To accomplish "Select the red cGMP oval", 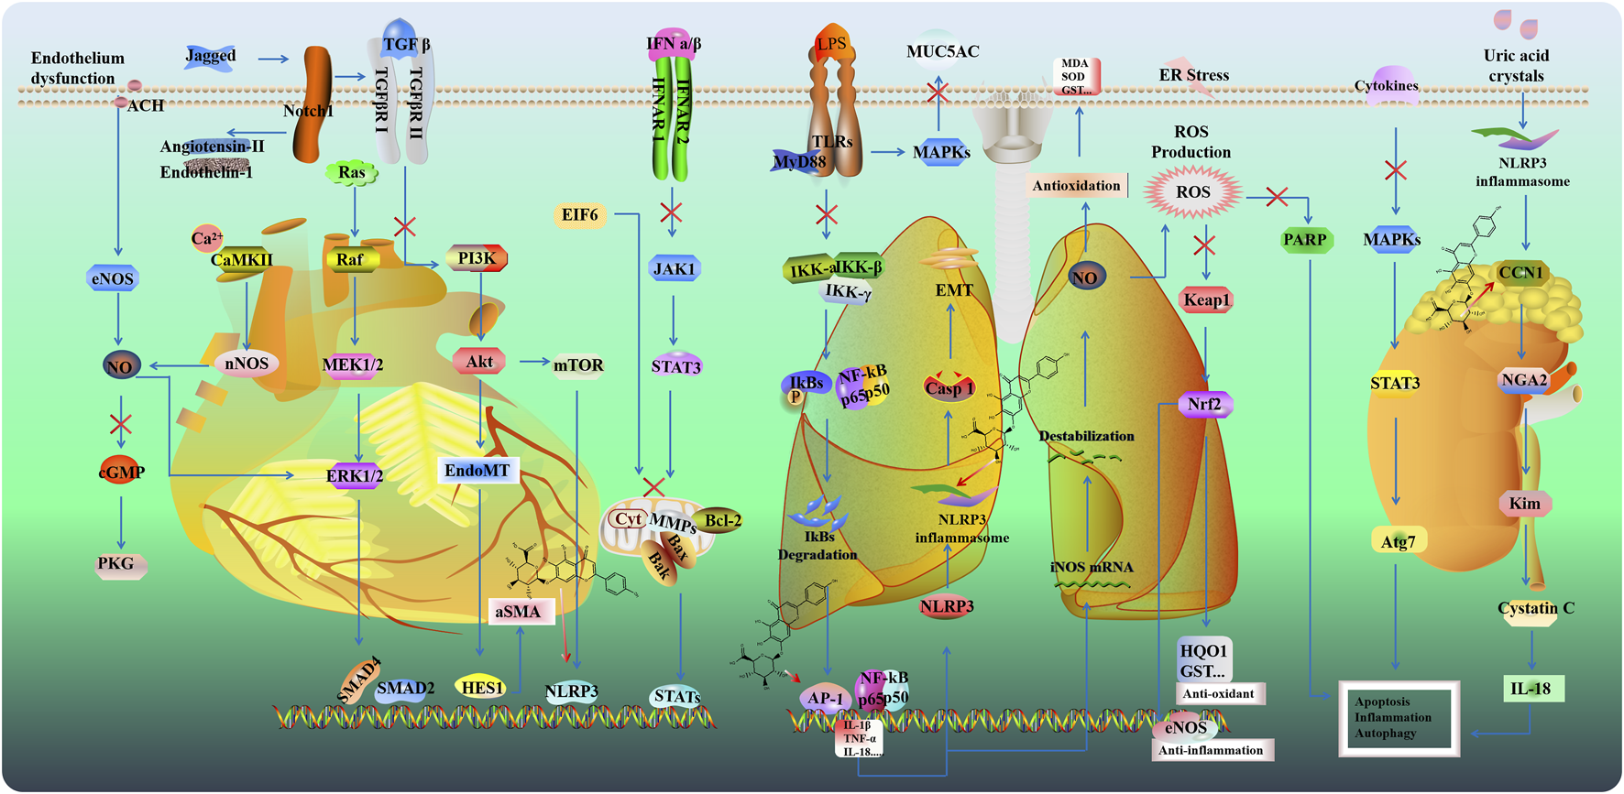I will (x=122, y=472).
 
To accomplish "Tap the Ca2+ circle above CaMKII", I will (x=206, y=238).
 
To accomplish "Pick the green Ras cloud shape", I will (x=352, y=172).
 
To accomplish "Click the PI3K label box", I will (x=477, y=258).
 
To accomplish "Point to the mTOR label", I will (x=578, y=365).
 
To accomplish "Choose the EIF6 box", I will (x=579, y=215).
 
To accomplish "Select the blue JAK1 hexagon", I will (x=674, y=268).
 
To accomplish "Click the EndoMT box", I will (x=477, y=471).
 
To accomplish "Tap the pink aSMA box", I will (x=519, y=612).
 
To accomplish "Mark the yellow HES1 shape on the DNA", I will (x=482, y=687).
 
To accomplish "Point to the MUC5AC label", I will (x=942, y=51).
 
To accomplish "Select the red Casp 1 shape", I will (x=949, y=386).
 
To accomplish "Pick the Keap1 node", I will (x=1206, y=299).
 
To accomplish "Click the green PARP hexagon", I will (x=1305, y=240).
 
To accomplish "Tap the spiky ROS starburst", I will (x=1193, y=192).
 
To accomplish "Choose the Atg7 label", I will (x=1399, y=541).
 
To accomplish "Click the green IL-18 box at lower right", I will (x=1531, y=689).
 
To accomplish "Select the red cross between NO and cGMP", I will (x=121, y=424).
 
